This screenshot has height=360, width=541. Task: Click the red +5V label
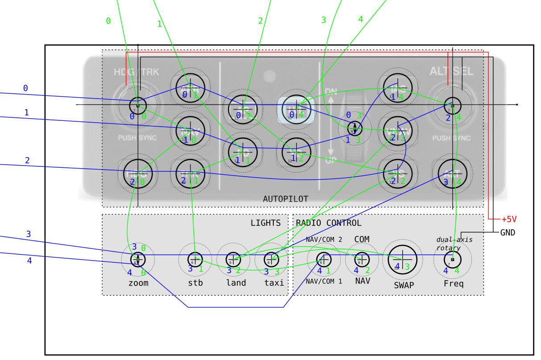tap(508, 219)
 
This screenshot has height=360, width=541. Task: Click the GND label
tap(508, 232)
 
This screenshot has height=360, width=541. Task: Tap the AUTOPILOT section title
tap(285, 199)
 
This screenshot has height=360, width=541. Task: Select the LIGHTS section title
tap(265, 223)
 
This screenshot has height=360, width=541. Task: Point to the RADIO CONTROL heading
tap(329, 223)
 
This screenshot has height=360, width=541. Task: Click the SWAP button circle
tap(403, 259)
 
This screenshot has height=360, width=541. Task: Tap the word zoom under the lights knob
tap(138, 283)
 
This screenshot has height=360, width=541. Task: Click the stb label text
tap(195, 283)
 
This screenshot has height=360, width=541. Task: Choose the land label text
tap(236, 283)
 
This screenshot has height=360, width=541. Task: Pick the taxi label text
tap(274, 283)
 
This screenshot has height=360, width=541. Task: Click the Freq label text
tap(454, 284)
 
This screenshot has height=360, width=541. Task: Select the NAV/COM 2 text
tap(324, 240)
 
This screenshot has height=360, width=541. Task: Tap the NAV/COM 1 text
tap(324, 281)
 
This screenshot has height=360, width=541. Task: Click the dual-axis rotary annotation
tap(454, 244)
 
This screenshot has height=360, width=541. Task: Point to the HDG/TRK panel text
tap(136, 72)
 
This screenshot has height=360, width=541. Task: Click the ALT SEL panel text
tap(451, 71)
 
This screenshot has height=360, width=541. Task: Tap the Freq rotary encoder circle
tap(452, 259)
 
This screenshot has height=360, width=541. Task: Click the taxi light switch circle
tap(271, 259)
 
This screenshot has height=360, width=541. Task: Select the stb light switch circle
tap(195, 259)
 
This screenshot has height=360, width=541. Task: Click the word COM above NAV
tap(362, 240)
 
